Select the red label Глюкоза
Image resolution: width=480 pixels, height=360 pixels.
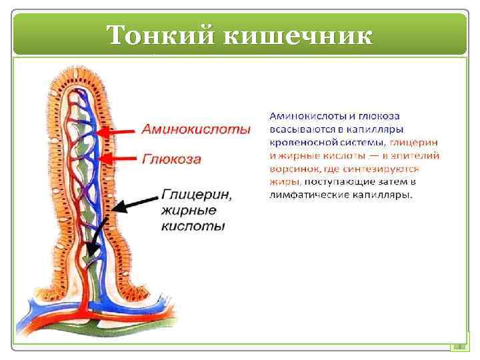[x=171, y=159]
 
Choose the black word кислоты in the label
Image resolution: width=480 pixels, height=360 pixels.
[x=193, y=226]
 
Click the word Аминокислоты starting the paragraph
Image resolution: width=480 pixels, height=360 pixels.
[x=300, y=116]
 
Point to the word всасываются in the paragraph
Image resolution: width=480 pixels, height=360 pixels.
[x=297, y=129]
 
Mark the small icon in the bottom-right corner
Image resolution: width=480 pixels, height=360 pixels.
[x=458, y=346]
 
